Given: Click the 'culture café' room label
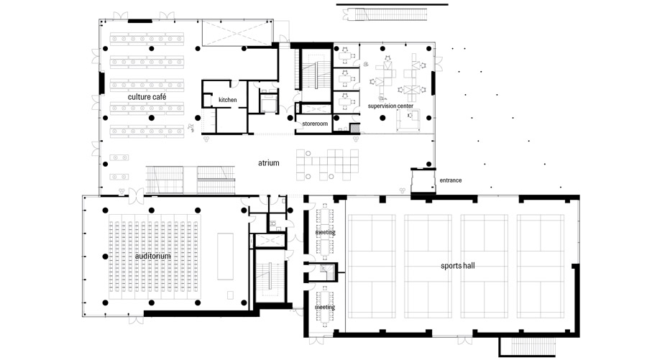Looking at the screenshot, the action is coord(147,97).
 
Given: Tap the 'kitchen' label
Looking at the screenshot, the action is coord(228,100).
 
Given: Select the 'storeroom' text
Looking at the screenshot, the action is coord(315,124).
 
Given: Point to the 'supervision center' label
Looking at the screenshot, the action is coord(390,106).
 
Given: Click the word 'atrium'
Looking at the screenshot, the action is coord(269,163).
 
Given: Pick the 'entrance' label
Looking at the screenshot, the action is coord(451,180).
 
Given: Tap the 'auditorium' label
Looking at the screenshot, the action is coord(152,256).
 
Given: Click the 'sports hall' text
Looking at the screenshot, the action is coord(458,266).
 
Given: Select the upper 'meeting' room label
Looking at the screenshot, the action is coord(325,233).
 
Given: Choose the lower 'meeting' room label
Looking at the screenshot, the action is coord(325,308).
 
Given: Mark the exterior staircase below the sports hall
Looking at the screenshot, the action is coord(528,346).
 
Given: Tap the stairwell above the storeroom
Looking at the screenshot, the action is coord(316,75).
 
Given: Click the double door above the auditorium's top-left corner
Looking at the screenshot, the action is coord(136,195).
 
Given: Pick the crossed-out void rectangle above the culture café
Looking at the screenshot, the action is coord(237,32).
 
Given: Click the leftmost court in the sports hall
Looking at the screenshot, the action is coord(372,267).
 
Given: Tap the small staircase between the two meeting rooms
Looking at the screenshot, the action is coord(327,272).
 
